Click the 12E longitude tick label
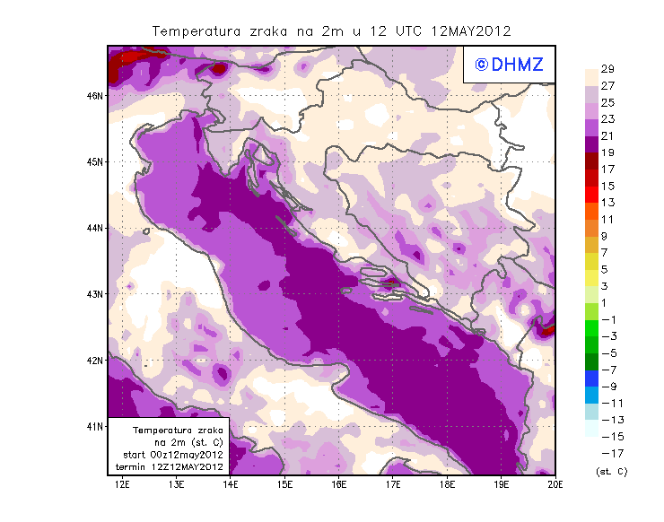pos(122,486)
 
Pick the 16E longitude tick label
pos(339,486)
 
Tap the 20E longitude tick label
pos(556,486)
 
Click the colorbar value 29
pos(607,70)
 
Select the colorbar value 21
pos(607,136)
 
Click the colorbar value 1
pos(607,302)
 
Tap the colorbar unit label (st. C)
pos(611,471)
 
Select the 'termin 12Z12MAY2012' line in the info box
pos(170,466)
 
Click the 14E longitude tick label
pos(231,486)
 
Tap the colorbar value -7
pos(607,369)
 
